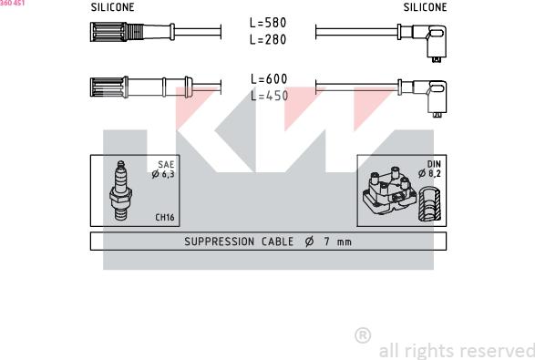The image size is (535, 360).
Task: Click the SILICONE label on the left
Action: (112, 7)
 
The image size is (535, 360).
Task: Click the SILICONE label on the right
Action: (425, 7)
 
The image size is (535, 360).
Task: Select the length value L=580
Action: (268, 23)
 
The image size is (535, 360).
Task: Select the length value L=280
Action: (268, 41)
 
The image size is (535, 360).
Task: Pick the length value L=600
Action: (268, 79)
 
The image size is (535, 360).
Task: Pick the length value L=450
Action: (268, 97)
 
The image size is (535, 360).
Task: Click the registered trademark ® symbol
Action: (362, 335)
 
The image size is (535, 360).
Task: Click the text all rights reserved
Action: (456, 350)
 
